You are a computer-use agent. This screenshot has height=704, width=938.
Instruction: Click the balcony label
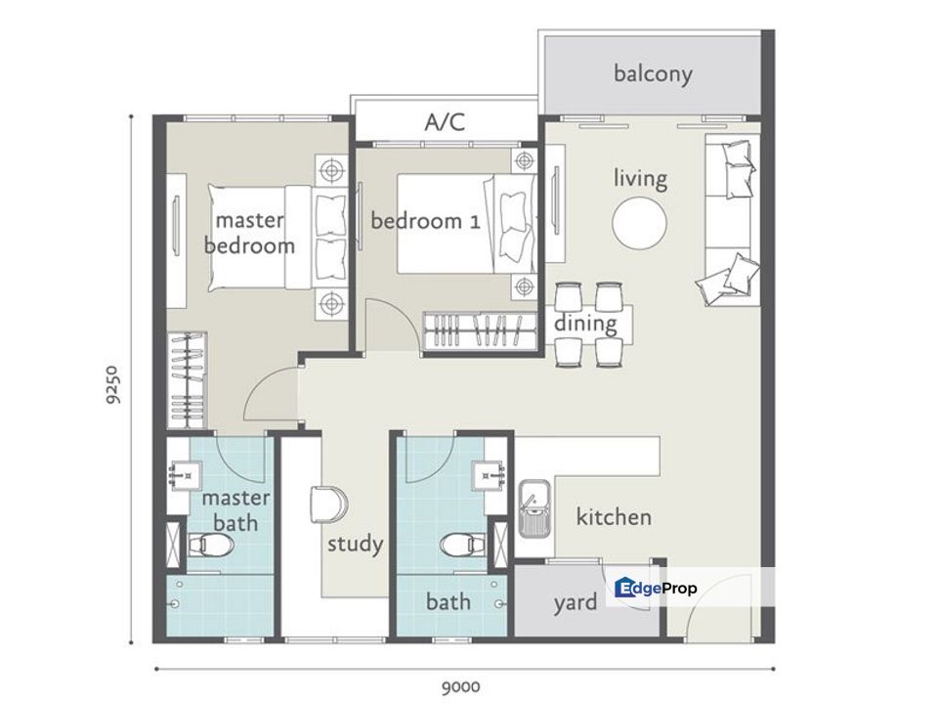pyautogui.click(x=653, y=73)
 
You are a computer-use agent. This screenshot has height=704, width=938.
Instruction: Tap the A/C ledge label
pyautogui.click(x=445, y=122)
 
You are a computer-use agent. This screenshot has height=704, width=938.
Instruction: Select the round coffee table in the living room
pyautogui.click(x=639, y=223)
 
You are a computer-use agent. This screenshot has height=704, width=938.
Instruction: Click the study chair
pyautogui.click(x=328, y=505)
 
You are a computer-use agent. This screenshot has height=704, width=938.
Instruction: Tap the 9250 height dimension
pyautogui.click(x=112, y=384)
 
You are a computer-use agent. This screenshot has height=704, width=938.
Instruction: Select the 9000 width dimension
pyautogui.click(x=460, y=686)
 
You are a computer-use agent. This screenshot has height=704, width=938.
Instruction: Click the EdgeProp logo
pyautogui.click(x=656, y=588)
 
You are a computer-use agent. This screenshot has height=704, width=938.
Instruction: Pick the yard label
pyautogui.click(x=575, y=603)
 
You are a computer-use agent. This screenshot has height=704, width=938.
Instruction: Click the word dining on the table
pyautogui.click(x=585, y=324)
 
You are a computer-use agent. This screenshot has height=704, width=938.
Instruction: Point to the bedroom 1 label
pyautogui.click(x=425, y=221)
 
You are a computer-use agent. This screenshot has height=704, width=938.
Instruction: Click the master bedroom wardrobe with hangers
pyautogui.click(x=188, y=380)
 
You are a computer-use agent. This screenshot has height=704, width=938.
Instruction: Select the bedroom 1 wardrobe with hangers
pyautogui.click(x=481, y=330)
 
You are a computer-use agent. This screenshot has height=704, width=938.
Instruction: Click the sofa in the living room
pyautogui.click(x=728, y=220)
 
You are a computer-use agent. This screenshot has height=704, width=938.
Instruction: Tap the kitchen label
pyautogui.click(x=614, y=516)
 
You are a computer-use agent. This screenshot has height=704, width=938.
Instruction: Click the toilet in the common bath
pyautogui.click(x=463, y=545)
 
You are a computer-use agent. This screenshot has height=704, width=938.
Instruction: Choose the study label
pyautogui.click(x=356, y=544)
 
